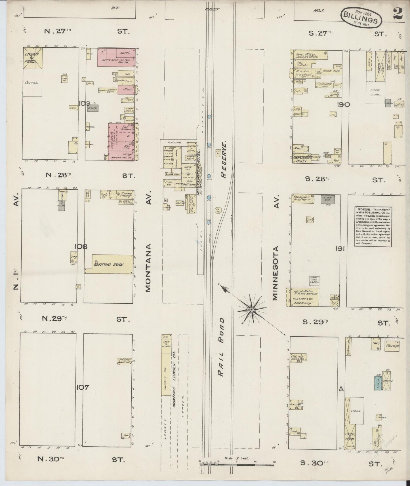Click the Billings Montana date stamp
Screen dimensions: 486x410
pos(361,18)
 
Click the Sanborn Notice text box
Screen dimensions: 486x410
pos(372,227)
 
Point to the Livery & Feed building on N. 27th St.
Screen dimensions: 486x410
pos(33,59)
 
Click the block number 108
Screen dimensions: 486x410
pos(81,246)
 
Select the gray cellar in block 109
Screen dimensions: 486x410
pos(93,109)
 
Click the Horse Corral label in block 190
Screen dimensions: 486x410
pos(375,92)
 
